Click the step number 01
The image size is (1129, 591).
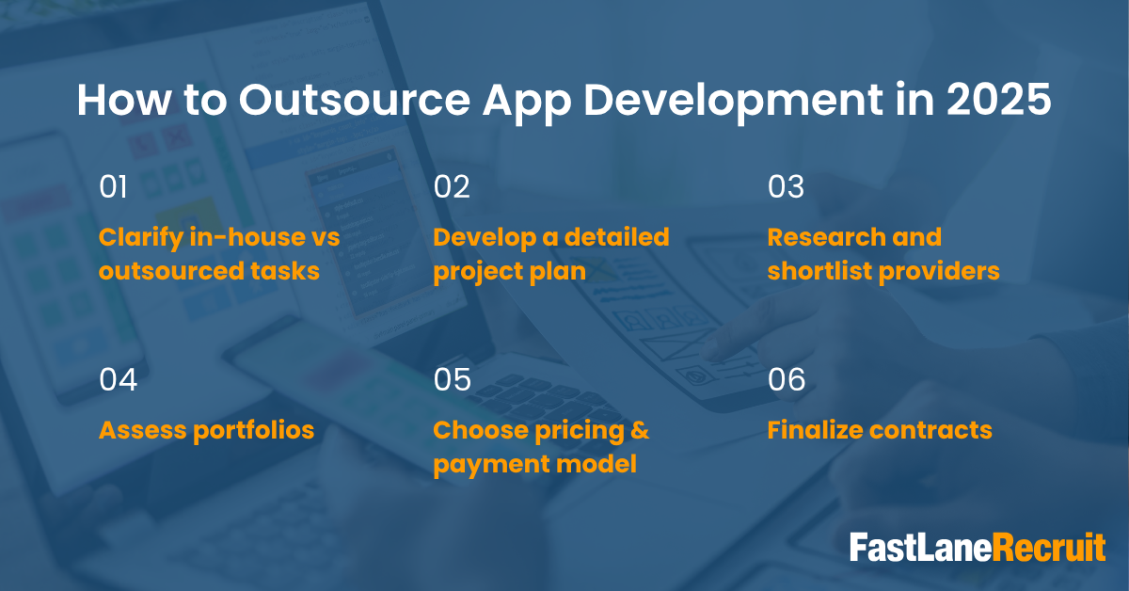(114, 186)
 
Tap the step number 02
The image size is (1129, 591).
(452, 186)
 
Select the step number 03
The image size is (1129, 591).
(786, 186)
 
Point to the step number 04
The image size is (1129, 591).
(118, 379)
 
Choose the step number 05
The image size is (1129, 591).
(453, 379)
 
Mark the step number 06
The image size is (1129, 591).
(787, 379)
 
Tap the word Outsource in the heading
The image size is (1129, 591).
(355, 100)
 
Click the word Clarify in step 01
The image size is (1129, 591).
(140, 238)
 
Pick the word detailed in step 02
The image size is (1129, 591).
(617, 237)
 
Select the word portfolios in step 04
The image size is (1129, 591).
(253, 431)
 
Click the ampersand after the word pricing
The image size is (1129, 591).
(640, 430)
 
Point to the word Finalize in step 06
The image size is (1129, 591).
(815, 430)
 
